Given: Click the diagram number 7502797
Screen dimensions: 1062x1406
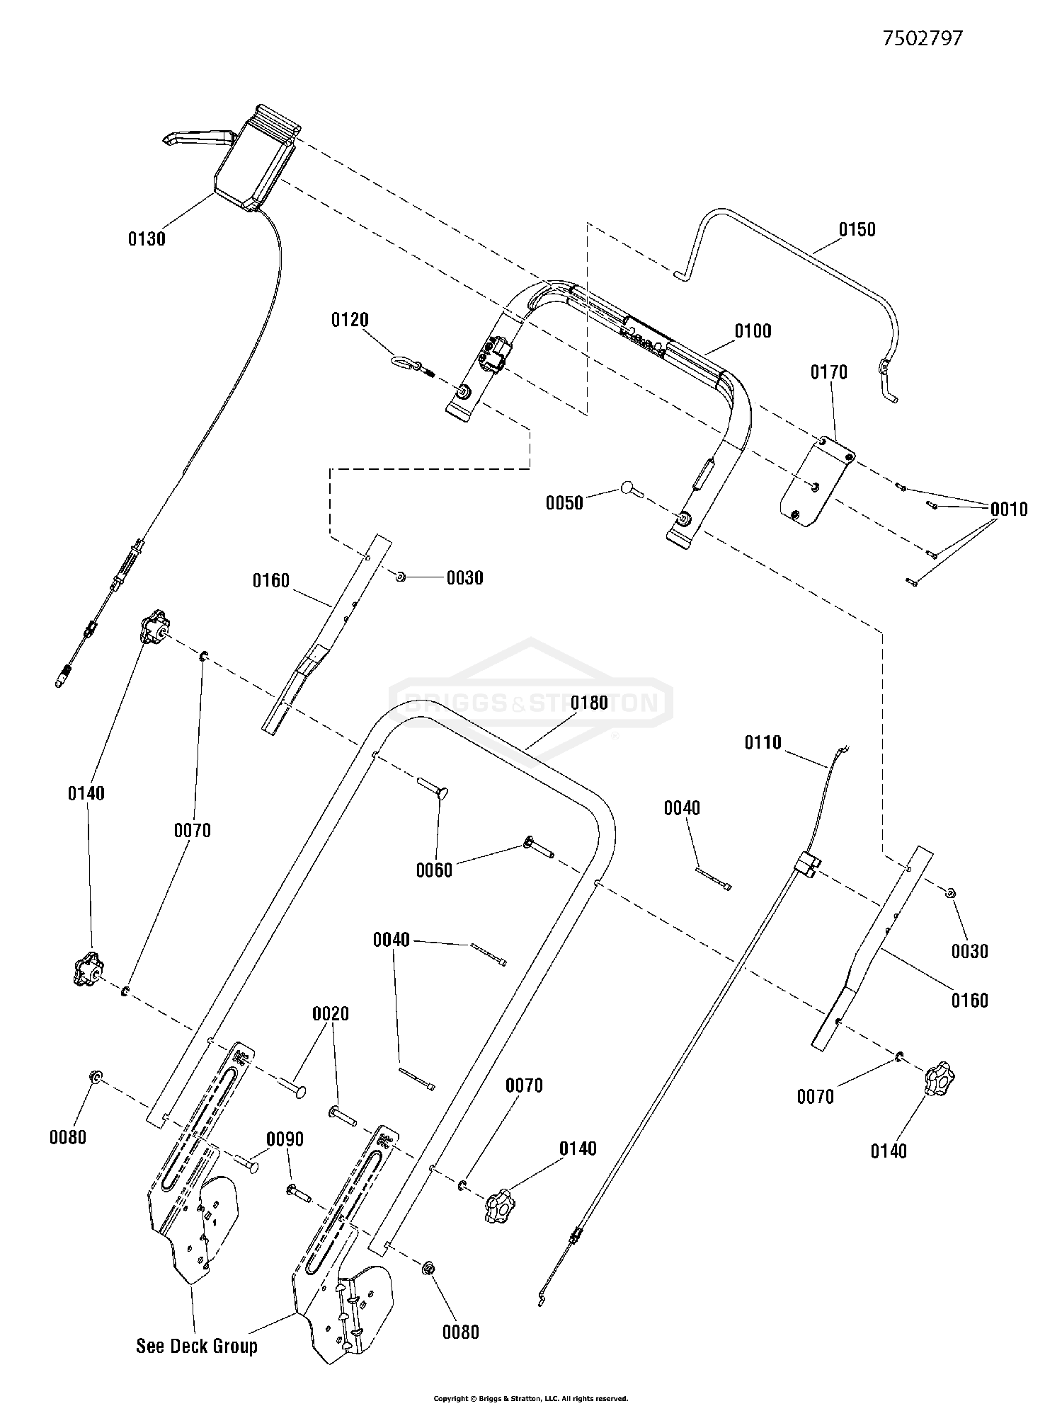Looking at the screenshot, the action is (923, 38).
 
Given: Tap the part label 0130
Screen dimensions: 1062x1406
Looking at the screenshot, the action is (147, 239).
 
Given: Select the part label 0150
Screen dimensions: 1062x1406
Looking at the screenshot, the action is (857, 229).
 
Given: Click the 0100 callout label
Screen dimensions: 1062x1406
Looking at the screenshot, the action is (753, 330).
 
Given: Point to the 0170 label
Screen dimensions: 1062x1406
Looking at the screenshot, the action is (828, 371).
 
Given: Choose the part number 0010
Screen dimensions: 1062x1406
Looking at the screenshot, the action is (1009, 509).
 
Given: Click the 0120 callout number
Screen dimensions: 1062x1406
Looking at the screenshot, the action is (350, 321).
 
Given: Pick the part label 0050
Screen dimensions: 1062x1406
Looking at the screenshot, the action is (564, 503).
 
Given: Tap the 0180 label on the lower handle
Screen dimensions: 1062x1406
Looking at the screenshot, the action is (589, 703).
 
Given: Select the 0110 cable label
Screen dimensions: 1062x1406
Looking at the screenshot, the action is (763, 742).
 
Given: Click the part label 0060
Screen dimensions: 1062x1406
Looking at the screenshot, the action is (434, 870).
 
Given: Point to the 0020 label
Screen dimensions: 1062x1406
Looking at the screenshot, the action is (331, 1014).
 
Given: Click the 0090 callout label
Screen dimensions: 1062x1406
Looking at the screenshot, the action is (285, 1139).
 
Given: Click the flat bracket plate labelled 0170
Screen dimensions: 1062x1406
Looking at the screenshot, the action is (817, 483).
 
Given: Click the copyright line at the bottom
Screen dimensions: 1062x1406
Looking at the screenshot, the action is (531, 1398).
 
